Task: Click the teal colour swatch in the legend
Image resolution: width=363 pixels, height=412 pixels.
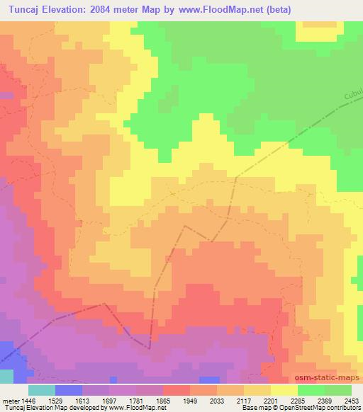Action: pos(41,390)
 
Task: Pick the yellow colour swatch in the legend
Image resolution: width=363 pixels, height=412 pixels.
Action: pos(284,390)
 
